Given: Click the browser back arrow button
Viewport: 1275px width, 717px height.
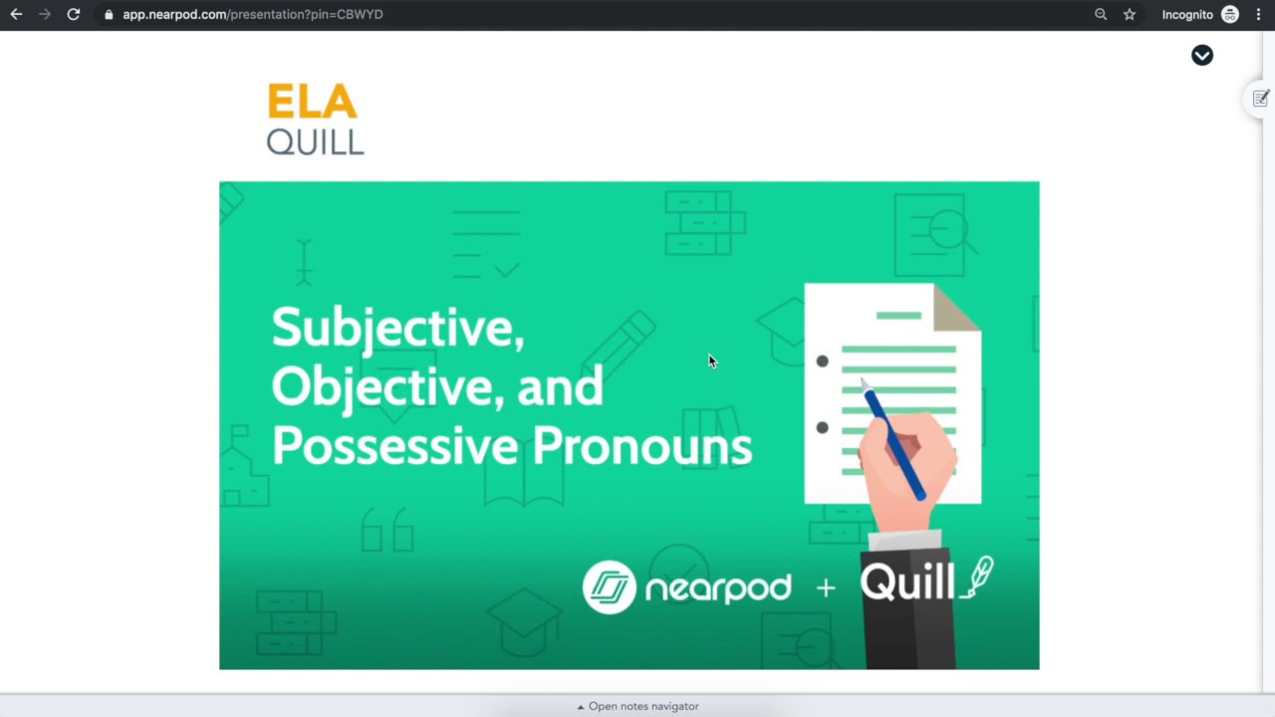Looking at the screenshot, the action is pos(17,15).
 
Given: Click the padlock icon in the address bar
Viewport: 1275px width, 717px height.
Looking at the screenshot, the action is pos(109,15).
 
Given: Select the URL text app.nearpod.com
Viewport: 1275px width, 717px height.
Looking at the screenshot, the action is pos(174,15).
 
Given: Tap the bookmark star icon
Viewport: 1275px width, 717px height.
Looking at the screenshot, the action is pos(1130,15).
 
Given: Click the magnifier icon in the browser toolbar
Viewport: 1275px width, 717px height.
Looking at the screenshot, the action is pos(1101,15).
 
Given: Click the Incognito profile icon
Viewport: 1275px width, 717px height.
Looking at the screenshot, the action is pos(1230,15).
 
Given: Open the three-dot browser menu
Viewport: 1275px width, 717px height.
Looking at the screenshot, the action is pos(1258,15).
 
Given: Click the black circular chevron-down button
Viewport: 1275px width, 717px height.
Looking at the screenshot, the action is pos(1202,55).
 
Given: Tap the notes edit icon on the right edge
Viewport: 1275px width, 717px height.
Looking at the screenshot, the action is pos(1261,99).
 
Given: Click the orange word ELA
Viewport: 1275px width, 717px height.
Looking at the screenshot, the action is pos(313,102).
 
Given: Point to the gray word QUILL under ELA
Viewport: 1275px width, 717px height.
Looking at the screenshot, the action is pos(316,141).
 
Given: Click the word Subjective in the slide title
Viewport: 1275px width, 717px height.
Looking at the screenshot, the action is pos(397,329).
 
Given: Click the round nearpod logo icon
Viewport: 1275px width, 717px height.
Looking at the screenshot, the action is pos(609,588).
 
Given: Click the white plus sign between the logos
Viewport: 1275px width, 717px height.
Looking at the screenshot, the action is pos(826,588).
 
